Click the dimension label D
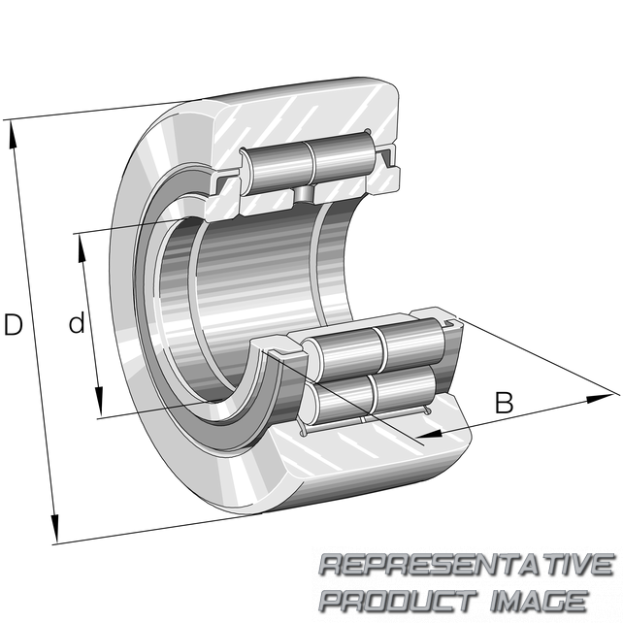pos(13,324)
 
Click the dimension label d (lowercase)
pos(77,322)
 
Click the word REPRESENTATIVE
pos(468,565)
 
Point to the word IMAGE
pos(539,600)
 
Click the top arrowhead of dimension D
pos(13,134)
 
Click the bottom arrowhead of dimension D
pos(54,529)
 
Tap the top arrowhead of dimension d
pos(82,247)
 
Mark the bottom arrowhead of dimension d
pos(99,402)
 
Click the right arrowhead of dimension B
pos(600,398)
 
